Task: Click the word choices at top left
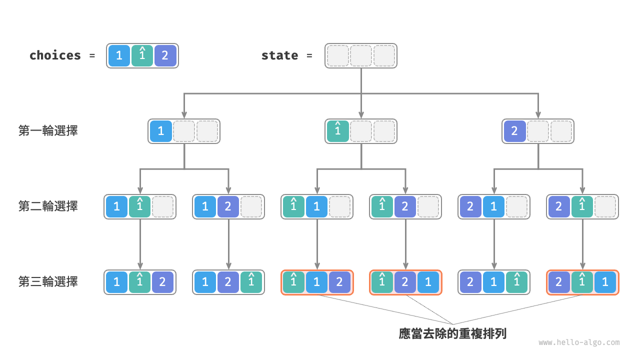55,55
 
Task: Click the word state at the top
279,55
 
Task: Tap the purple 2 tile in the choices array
165,55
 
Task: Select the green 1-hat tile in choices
142,55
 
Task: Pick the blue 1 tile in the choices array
119,55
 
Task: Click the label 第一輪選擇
48,131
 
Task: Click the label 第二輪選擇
48,206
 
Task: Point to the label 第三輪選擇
48,282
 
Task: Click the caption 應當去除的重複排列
452,333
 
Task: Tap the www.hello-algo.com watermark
579,342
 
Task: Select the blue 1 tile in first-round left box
161,131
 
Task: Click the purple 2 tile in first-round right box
515,131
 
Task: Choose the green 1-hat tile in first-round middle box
338,131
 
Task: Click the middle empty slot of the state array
361,55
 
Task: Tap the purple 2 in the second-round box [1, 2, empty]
228,206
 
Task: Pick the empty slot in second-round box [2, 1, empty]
516,206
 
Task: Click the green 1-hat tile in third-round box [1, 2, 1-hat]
251,282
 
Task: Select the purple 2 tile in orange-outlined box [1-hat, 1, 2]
339,282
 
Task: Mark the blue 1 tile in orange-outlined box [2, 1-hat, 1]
605,282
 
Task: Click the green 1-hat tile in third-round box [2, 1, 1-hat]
516,282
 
